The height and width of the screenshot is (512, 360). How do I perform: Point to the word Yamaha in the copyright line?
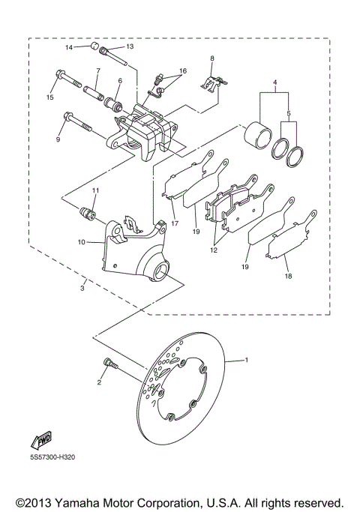(91, 501)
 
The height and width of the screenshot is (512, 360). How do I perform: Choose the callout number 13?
(129, 46)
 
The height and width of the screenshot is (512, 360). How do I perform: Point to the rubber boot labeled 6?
(117, 102)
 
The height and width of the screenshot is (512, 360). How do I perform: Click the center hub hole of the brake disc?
(185, 388)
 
